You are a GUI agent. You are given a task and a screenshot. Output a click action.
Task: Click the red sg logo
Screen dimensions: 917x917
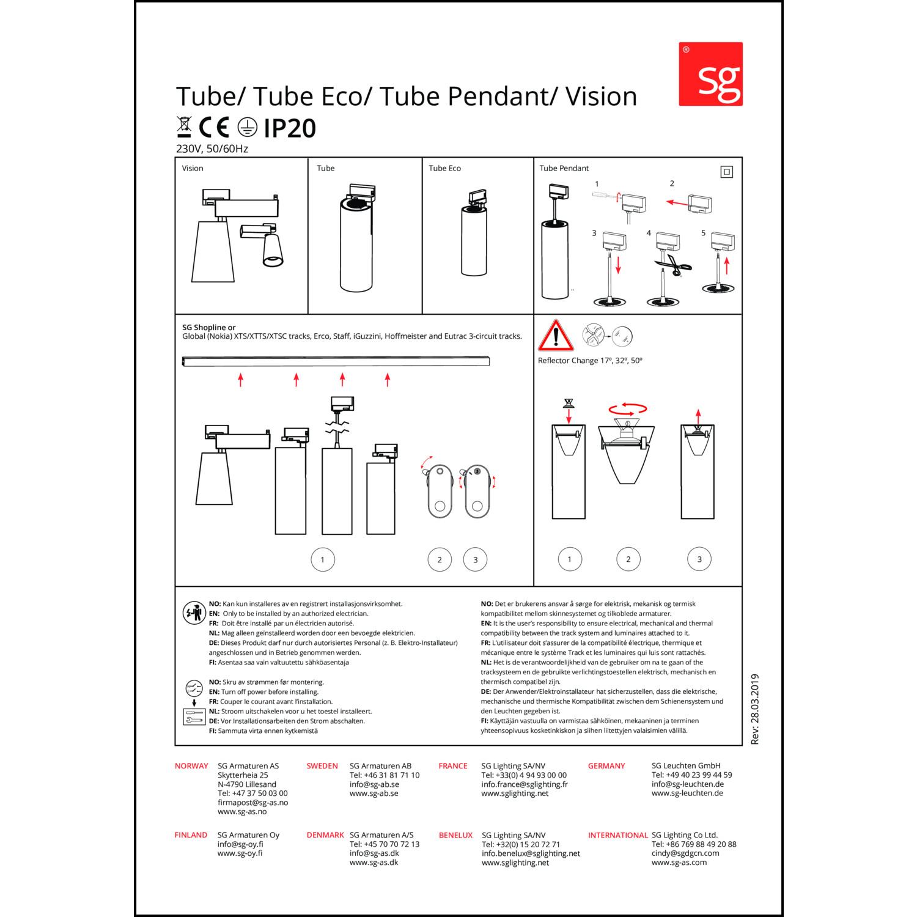point(710,74)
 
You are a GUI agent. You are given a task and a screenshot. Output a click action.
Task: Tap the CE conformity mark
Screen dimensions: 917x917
point(214,127)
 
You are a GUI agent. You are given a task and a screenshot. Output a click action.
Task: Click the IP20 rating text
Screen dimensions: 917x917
point(290,128)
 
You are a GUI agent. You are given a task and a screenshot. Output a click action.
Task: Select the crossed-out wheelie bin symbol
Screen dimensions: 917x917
point(183,127)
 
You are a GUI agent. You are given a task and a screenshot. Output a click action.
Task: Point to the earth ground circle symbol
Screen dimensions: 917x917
point(248,127)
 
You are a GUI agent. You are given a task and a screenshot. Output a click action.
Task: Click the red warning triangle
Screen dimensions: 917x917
point(555,335)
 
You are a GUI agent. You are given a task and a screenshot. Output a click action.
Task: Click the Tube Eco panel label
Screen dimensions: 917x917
point(444,168)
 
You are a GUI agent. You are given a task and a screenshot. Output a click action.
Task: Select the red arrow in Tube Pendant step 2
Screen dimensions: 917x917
point(677,202)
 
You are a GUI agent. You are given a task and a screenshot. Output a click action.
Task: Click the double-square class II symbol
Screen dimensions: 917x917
point(726,172)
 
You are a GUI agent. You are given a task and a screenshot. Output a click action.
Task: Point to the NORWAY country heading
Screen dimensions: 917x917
point(191,766)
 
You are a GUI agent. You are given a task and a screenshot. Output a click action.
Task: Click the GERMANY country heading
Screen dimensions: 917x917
point(606,766)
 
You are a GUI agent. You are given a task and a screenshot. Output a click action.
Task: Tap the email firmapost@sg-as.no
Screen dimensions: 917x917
point(252,803)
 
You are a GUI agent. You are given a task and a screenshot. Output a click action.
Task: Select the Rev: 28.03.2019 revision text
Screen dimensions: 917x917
point(755,709)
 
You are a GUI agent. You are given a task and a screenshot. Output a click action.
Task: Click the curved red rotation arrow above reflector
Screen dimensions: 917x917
point(627,409)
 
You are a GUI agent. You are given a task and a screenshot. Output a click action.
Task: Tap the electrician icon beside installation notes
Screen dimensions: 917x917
point(194,612)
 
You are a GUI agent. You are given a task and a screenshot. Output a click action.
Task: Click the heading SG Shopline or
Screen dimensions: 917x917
point(208,328)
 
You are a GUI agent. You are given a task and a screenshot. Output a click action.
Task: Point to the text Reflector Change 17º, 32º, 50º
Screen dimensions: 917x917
point(590,361)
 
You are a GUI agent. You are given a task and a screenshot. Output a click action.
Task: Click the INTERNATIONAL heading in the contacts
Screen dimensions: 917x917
point(618,835)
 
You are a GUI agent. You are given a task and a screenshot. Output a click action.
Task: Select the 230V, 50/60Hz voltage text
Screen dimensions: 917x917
point(212,149)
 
